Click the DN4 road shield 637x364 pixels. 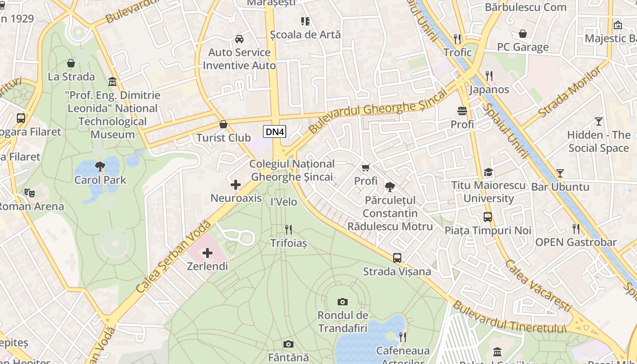[x=275, y=132]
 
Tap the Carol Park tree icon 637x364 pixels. [x=100, y=167]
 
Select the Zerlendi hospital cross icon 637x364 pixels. [x=207, y=253]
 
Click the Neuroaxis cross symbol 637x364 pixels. [x=236, y=185]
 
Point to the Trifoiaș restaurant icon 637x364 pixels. [x=288, y=230]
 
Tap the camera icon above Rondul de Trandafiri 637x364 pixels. [x=343, y=302]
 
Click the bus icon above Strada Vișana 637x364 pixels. [x=397, y=258]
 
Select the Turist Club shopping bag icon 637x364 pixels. [x=223, y=124]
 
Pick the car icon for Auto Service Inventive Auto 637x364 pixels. [x=239, y=39]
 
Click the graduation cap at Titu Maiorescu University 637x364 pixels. [x=488, y=172]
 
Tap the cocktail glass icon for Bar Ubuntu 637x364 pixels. [x=560, y=173]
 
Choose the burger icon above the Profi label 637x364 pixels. [x=462, y=111]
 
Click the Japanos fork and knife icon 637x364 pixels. [x=489, y=76]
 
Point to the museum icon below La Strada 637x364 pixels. [x=112, y=82]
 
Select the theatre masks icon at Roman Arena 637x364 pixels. [x=30, y=193]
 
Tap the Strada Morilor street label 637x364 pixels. [x=569, y=93]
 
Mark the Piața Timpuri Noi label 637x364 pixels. [x=488, y=230]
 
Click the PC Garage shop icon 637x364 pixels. [x=523, y=34]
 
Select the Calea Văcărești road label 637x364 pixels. [x=537, y=285]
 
